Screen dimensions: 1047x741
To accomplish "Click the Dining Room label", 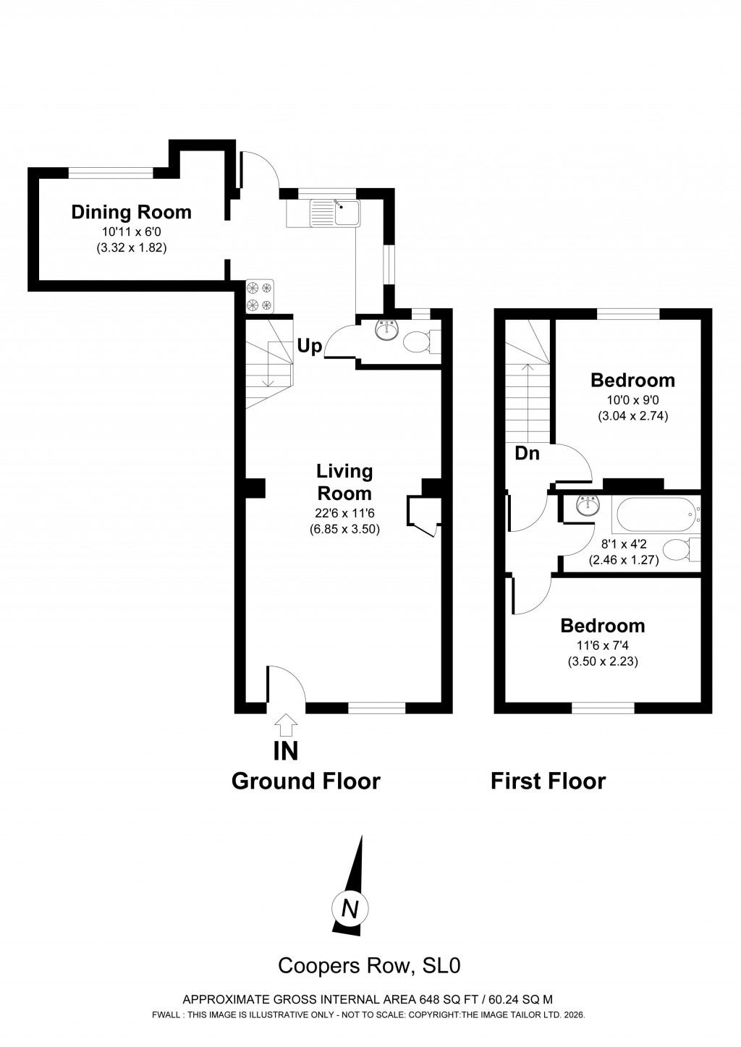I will [x=131, y=212].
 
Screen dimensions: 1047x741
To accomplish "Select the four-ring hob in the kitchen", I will [x=260, y=295].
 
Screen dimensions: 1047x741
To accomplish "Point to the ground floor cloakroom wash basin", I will [x=386, y=330].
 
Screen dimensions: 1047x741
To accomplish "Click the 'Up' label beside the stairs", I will [x=309, y=347].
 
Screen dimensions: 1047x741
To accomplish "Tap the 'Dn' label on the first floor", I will [x=527, y=454].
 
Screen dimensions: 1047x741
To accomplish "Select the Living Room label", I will [x=344, y=482].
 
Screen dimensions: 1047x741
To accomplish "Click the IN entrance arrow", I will [x=287, y=724].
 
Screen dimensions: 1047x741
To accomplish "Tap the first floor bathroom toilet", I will [x=680, y=549].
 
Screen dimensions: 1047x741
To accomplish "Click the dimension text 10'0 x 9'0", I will [x=632, y=400].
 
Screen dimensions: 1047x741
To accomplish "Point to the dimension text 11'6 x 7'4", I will [x=602, y=645].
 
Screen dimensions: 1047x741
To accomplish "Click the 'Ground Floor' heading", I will [x=305, y=781].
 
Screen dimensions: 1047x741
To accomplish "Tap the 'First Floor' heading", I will [x=548, y=781].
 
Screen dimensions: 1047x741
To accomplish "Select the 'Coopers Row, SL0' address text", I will [x=370, y=965].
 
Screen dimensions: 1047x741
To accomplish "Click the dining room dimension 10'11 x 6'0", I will [x=131, y=232].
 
